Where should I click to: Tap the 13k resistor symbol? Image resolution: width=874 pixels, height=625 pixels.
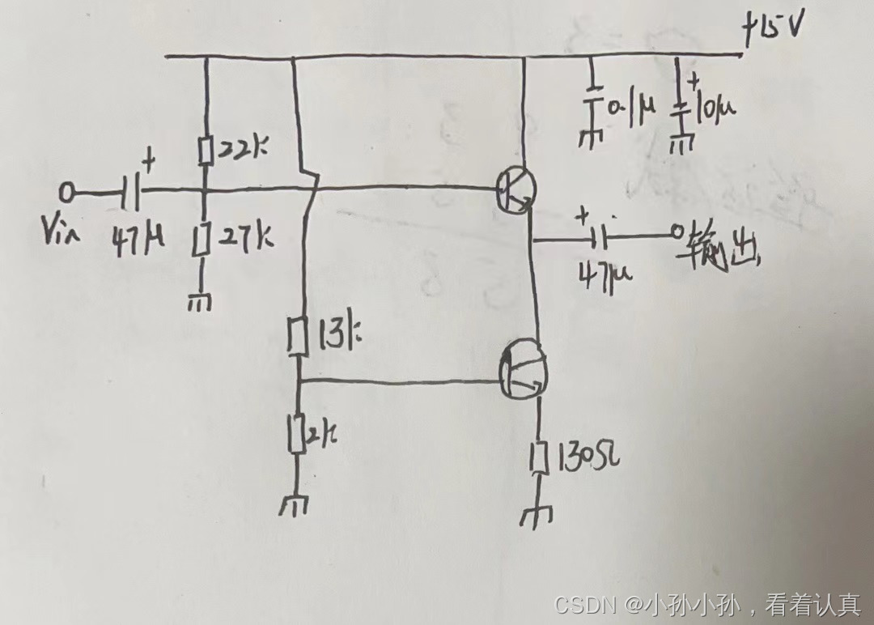(298, 337)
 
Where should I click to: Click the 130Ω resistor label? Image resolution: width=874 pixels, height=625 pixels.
(585, 460)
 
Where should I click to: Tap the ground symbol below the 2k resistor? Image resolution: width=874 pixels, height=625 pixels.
(293, 506)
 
